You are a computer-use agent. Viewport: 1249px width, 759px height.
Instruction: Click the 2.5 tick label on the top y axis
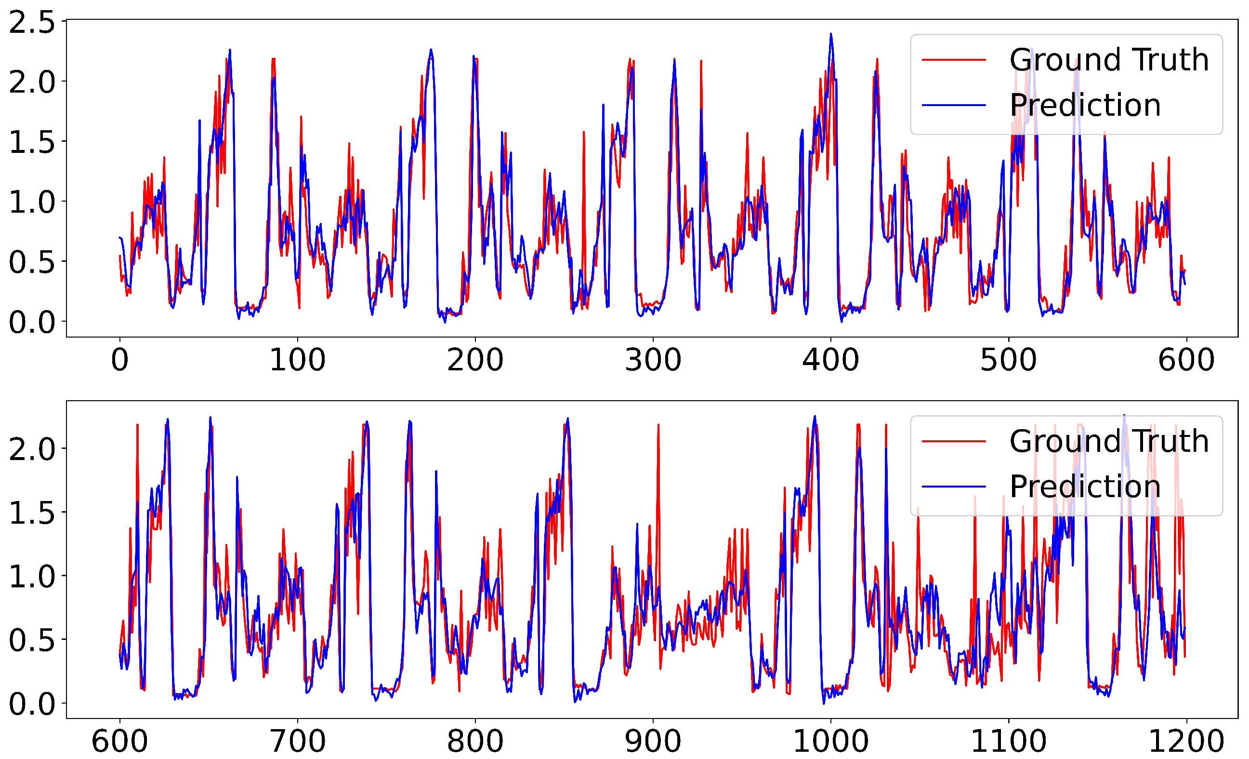[x=31, y=23]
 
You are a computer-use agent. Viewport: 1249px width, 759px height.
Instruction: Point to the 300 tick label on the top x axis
[x=653, y=360]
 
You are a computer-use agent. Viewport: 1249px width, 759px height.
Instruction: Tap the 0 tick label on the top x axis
[x=119, y=360]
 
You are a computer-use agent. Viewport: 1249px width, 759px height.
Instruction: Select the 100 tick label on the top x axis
[x=298, y=360]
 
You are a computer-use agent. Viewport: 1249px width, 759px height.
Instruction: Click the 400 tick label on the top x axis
[x=831, y=360]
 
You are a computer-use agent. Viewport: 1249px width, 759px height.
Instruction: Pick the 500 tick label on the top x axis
[x=1009, y=360]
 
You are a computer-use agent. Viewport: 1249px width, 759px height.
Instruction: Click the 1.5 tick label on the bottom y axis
[x=31, y=513]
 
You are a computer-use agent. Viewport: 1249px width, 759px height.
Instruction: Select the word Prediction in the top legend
[x=1085, y=106]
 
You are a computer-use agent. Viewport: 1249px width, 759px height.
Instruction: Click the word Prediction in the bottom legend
[x=1085, y=487]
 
